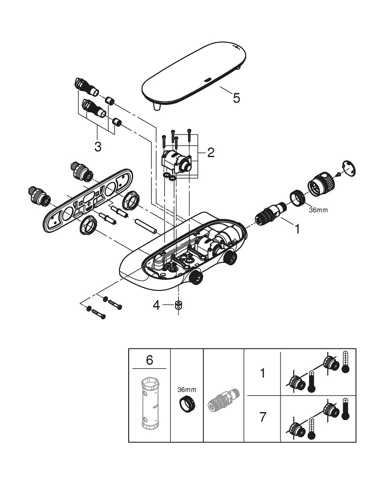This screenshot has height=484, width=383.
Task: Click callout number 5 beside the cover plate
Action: tap(236, 98)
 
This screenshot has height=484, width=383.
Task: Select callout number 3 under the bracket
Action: tap(98, 147)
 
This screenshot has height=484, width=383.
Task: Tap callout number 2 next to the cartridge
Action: tap(211, 152)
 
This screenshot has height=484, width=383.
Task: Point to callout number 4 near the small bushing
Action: tap(157, 305)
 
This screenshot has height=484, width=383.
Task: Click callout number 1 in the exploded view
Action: tap(297, 229)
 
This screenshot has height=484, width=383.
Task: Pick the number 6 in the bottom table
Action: tap(149, 360)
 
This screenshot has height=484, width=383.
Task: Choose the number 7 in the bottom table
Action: tap(263, 417)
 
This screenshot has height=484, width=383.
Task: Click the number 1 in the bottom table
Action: tap(263, 373)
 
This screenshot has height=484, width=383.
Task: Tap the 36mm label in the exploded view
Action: tap(318, 210)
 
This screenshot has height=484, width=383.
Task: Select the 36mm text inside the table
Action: tap(187, 390)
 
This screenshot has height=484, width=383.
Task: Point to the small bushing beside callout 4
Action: tap(178, 305)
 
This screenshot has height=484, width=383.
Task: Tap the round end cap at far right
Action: tap(349, 168)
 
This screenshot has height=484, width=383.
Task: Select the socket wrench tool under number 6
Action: tap(149, 403)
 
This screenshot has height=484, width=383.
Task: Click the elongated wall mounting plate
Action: tap(88, 200)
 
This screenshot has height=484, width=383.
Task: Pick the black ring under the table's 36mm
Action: tap(188, 404)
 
